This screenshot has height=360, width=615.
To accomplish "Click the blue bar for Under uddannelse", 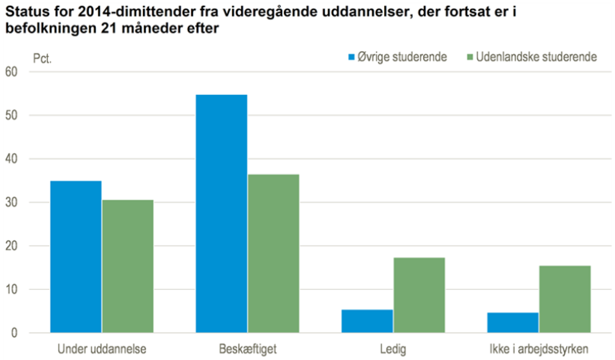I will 75,257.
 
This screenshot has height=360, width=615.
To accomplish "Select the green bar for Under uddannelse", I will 127,266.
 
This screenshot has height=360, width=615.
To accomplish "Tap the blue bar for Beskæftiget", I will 221,213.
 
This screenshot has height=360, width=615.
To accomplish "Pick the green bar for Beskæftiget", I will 273,253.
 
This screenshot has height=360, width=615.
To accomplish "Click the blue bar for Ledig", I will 367,321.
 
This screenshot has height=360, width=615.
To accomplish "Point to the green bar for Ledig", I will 419,295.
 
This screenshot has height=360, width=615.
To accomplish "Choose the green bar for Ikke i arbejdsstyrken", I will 565,299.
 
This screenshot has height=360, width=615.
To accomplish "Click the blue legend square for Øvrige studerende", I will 352,57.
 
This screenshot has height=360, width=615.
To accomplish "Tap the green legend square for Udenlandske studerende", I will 469,57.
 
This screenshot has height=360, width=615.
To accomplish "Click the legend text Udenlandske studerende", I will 536,57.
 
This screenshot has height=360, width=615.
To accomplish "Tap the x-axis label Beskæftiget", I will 247,349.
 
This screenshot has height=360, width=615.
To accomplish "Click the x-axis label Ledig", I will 393,349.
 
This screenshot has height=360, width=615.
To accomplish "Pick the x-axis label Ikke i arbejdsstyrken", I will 539,349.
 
